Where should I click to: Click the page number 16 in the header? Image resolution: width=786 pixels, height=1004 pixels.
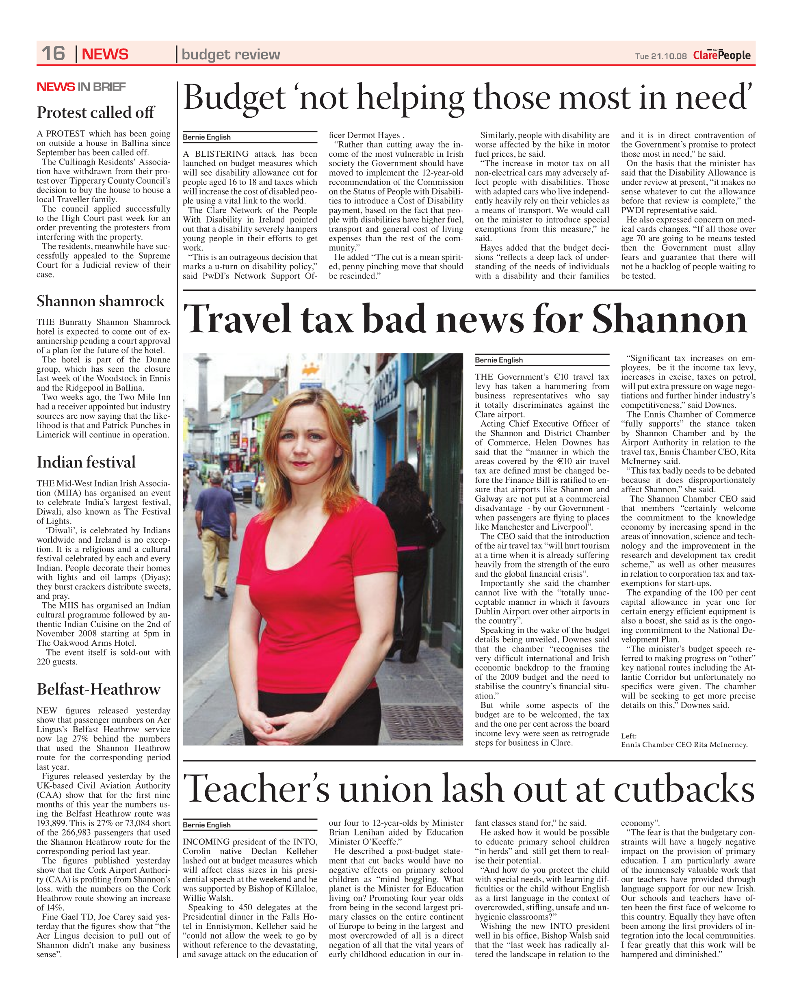pyautogui.click(x=53, y=53)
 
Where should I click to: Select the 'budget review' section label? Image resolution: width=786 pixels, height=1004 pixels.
pyautogui.click(x=231, y=54)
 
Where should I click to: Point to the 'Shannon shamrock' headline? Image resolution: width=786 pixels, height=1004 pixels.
pyautogui.click(x=100, y=301)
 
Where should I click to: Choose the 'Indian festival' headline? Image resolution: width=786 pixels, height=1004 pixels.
pyautogui.click(x=86, y=462)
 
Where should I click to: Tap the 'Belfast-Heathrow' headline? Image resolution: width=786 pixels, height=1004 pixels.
pyautogui.click(x=98, y=689)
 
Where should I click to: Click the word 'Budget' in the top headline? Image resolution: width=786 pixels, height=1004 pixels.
pyautogui.click(x=235, y=98)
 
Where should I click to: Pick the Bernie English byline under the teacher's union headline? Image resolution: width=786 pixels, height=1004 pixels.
pyautogui.click(x=207, y=825)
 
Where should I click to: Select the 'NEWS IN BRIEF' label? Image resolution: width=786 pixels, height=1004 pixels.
pyautogui.click(x=81, y=87)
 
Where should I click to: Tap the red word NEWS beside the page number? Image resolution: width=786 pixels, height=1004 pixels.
pyautogui.click(x=105, y=54)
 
